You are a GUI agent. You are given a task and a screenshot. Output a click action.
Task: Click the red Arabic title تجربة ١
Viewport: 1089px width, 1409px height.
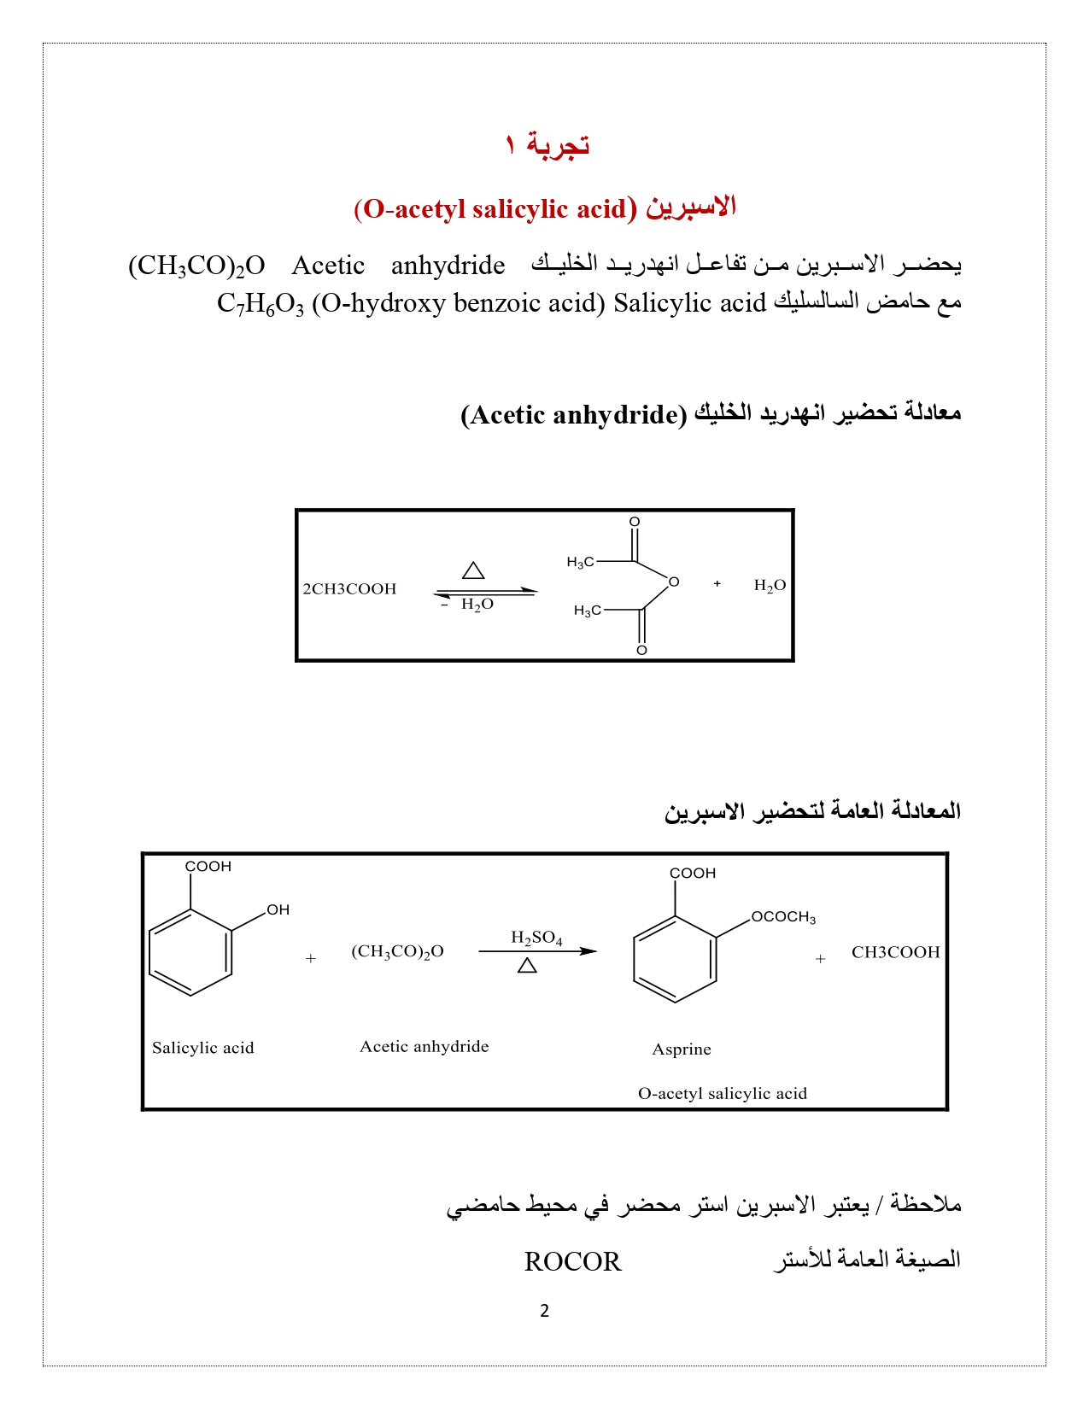[547, 144]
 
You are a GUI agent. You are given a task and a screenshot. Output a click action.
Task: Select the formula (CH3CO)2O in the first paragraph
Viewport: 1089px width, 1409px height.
[196, 266]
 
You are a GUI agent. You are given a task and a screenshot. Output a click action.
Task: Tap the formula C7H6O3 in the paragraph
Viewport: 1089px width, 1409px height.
[260, 304]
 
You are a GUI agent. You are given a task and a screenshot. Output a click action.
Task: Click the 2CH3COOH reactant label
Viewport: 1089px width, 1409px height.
[349, 589]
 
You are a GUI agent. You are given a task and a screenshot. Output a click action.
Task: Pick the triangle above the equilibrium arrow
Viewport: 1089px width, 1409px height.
[473, 570]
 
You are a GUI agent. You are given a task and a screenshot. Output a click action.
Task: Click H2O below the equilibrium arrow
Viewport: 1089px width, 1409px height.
[477, 605]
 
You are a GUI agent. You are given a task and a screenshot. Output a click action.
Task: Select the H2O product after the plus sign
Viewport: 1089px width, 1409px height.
[770, 586]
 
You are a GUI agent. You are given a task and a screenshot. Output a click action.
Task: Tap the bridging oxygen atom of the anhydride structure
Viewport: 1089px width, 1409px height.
[674, 582]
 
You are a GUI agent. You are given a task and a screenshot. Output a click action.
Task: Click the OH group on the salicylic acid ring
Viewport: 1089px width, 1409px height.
[278, 910]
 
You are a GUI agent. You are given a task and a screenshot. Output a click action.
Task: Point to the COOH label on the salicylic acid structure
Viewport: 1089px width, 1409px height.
[208, 867]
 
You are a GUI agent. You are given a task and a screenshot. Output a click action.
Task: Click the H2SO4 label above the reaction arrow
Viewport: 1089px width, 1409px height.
[536, 938]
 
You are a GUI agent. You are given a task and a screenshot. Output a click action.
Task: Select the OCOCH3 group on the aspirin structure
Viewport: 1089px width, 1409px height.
[783, 917]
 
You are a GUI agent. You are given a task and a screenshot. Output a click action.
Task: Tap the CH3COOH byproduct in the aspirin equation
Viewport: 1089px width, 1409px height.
[895, 952]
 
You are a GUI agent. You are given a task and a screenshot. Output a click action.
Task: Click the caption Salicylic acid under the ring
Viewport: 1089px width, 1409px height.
[203, 1048]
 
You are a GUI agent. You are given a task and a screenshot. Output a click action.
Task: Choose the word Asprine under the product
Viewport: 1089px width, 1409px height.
[682, 1049]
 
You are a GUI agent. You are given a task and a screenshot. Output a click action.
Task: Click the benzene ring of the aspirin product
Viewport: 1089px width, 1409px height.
[675, 959]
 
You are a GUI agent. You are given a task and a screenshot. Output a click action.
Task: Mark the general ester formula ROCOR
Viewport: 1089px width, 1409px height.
[572, 1261]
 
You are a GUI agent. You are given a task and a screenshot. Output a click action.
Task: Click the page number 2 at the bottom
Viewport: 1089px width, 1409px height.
[545, 1311]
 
